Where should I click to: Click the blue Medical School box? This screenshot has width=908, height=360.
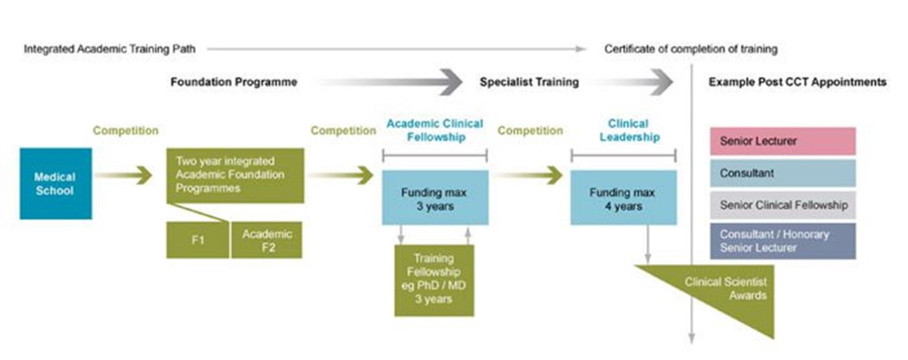point(56,183)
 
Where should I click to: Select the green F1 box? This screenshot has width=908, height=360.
point(197,240)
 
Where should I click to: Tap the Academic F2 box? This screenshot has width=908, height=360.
point(266,240)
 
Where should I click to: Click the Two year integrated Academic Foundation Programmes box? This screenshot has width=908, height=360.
point(235,175)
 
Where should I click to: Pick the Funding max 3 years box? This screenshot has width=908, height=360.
point(433,198)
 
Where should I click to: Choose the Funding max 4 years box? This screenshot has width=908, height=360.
point(623,198)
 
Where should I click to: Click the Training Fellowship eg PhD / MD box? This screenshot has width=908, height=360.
point(433,279)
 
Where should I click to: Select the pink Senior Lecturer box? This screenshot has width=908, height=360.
point(782,141)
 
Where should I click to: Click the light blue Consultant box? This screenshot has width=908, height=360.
point(782,173)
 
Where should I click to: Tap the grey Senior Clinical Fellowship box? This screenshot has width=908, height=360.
point(782,205)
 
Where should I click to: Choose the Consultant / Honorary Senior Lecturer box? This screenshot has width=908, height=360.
point(782,241)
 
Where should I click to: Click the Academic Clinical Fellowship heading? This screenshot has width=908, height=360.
point(433,130)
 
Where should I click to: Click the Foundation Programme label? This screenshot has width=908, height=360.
point(233,82)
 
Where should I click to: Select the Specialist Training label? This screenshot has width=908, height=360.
point(529,82)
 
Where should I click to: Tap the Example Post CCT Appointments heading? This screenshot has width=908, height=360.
point(797,82)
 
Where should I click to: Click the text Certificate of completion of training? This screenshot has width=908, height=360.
point(691,49)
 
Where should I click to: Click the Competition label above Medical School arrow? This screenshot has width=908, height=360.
point(126,130)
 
